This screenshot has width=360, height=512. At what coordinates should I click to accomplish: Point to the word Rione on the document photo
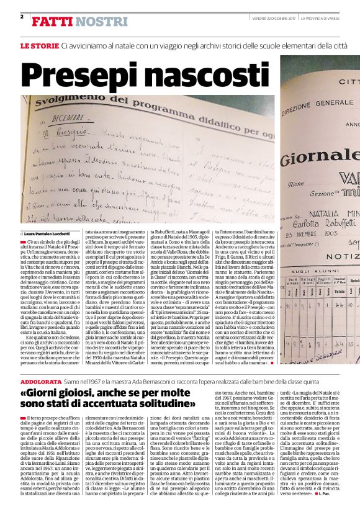pos(294,184)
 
